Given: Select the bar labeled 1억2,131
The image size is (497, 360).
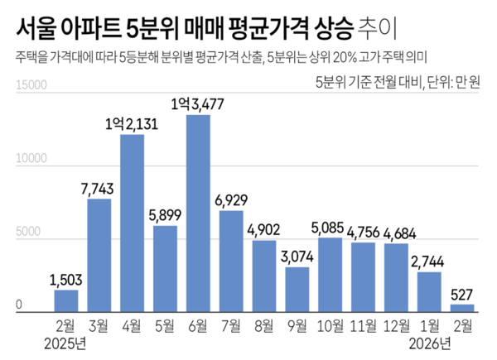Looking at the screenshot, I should click(x=132, y=223).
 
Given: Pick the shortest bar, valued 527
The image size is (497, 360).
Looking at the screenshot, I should click(x=461, y=308).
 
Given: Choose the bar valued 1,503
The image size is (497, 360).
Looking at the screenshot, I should click(x=66, y=300).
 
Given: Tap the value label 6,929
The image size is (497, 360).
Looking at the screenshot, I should click(x=231, y=201).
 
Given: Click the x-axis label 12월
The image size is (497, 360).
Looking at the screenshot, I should click(x=396, y=325).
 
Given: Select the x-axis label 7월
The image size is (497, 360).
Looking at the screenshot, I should click(x=231, y=325).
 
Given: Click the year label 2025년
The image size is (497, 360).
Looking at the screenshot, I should click(x=66, y=343).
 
